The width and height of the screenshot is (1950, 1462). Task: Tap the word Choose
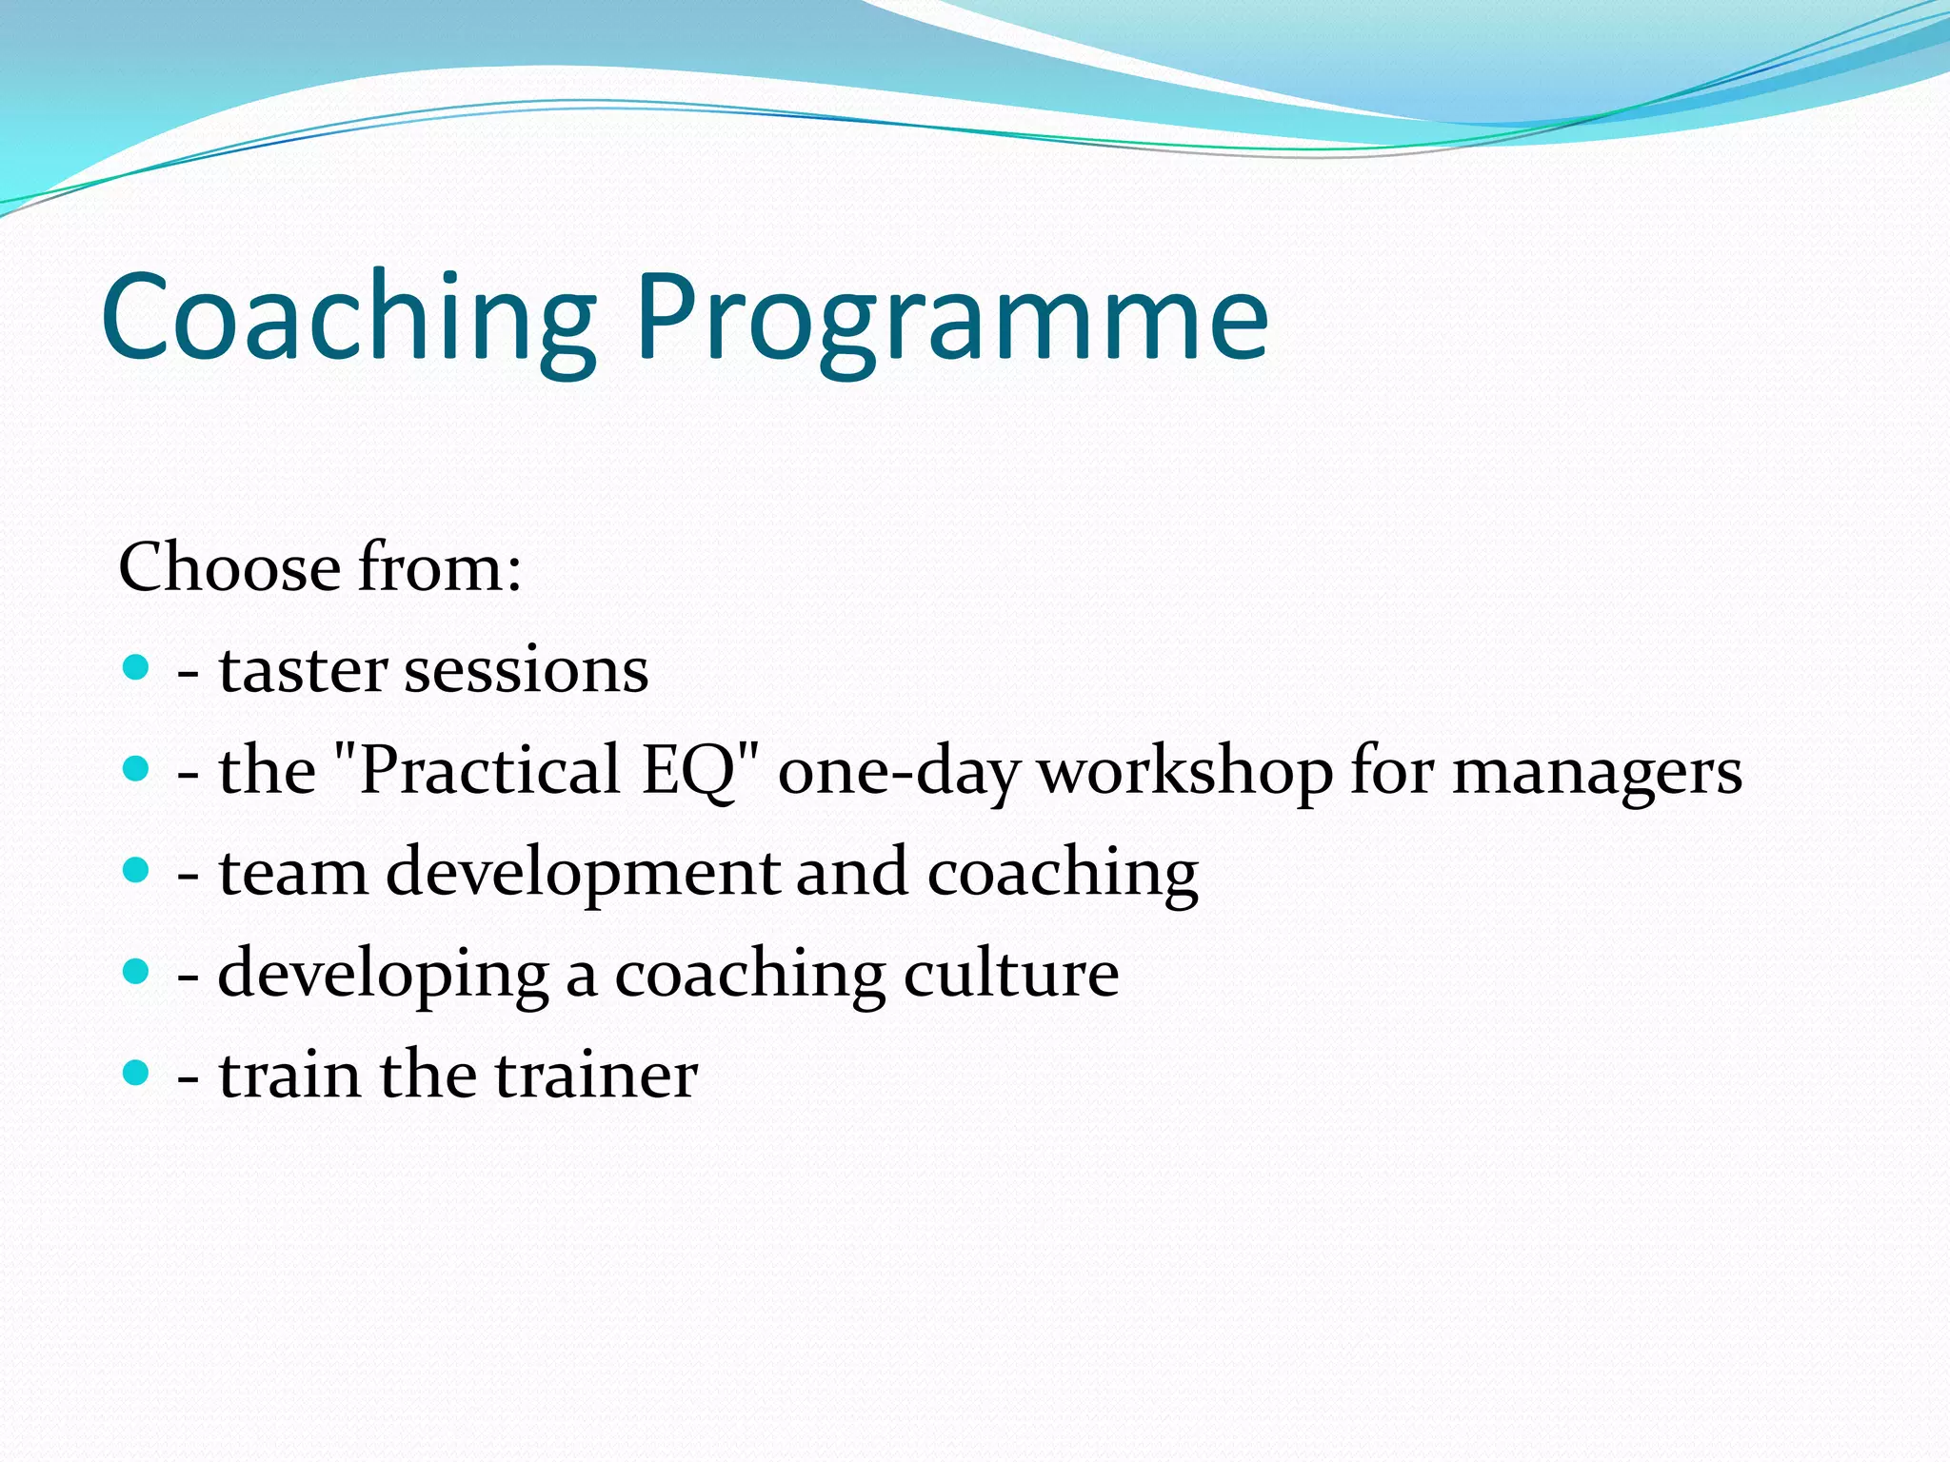pyautogui.click(x=229, y=567)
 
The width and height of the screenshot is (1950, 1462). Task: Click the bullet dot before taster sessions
pyautogui.click(x=137, y=667)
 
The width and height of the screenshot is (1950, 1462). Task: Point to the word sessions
pyautogui.click(x=527, y=670)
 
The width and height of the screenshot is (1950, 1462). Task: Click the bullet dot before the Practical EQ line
pyautogui.click(x=137, y=769)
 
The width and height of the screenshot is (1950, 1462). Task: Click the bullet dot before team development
pyautogui.click(x=137, y=870)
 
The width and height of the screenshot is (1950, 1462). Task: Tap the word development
pyautogui.click(x=583, y=874)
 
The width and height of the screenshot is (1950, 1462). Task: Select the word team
pyautogui.click(x=293, y=872)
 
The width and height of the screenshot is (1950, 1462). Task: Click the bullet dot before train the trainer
pyautogui.click(x=137, y=1074)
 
